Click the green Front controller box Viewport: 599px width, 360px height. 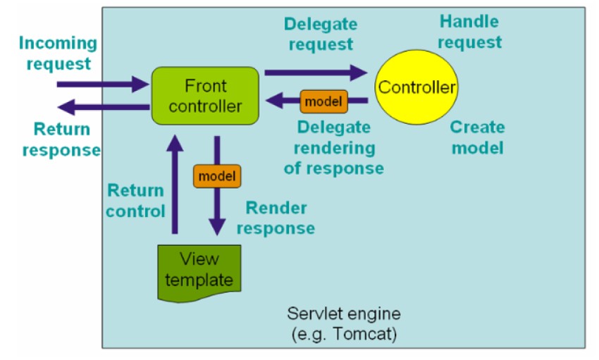click(x=205, y=96)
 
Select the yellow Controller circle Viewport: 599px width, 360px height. click(x=416, y=87)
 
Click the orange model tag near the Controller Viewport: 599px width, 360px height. click(x=324, y=101)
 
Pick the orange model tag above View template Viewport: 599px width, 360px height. click(x=217, y=176)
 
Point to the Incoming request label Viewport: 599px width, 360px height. click(x=58, y=53)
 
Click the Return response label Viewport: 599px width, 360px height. click(x=61, y=139)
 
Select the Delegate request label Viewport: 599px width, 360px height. click(x=321, y=34)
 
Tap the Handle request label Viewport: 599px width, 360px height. click(x=469, y=32)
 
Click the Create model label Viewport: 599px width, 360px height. click(x=478, y=137)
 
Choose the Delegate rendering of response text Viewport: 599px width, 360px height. click(x=334, y=148)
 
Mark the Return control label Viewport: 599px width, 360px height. click(x=135, y=201)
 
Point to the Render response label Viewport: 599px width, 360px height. click(x=276, y=218)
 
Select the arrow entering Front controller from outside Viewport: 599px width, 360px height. click(x=103, y=85)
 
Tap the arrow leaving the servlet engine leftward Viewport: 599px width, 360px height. click(x=104, y=107)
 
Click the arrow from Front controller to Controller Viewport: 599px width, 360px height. click(x=316, y=73)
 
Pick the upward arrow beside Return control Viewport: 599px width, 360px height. click(x=175, y=184)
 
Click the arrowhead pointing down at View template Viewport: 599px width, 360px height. click(x=217, y=227)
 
